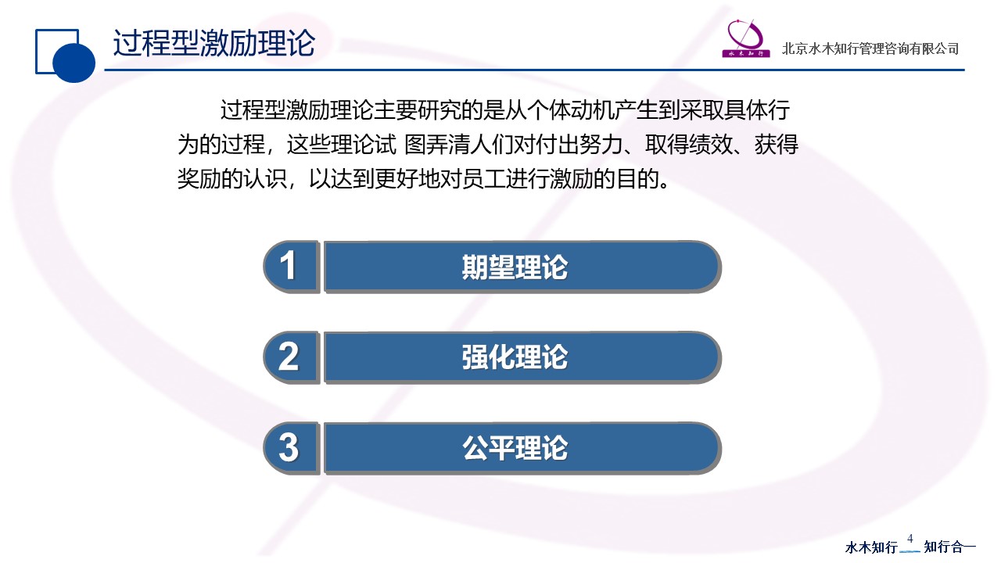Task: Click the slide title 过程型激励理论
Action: tap(214, 43)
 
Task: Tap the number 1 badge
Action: tap(291, 267)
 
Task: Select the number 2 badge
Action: tap(291, 357)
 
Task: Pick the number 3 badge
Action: tap(291, 448)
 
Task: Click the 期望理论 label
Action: tap(515, 267)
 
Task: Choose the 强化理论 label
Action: tap(515, 357)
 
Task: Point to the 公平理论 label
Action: tap(515, 448)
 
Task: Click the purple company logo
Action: tap(745, 38)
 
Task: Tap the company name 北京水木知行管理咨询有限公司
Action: tap(870, 48)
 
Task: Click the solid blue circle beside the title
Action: tap(74, 62)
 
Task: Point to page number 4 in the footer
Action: tap(910, 538)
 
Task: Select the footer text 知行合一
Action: tap(949, 547)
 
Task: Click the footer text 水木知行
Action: tap(871, 547)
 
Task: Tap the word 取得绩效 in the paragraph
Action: tap(688, 145)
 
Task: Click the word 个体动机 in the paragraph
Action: tap(570, 110)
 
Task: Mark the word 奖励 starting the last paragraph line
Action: tap(199, 179)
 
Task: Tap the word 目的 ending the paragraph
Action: tap(637, 179)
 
